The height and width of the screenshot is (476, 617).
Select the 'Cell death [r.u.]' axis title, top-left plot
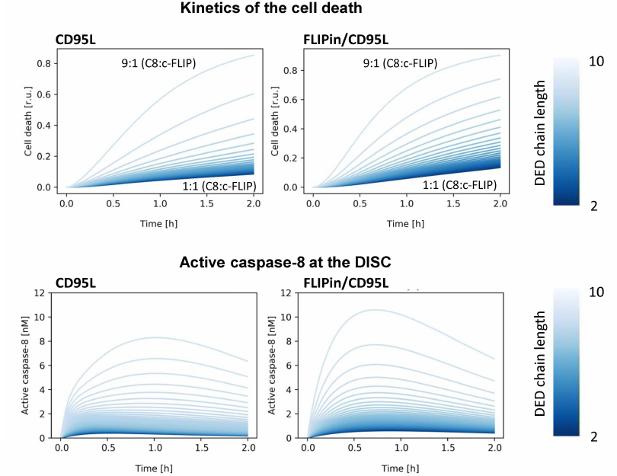pos(27,125)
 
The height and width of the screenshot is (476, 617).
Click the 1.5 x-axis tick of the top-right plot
pos(454,206)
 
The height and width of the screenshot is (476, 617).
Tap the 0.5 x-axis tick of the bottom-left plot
pos(108,450)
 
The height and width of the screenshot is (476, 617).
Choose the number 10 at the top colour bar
pos(596,60)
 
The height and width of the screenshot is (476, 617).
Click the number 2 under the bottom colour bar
pos(596,436)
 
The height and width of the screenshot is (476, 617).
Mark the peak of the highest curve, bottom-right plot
pos(375,310)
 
